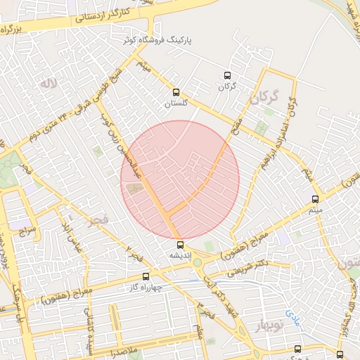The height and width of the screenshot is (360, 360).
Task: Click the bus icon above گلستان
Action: (x=176, y=91)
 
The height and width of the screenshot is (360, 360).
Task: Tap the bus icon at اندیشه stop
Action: (x=181, y=245)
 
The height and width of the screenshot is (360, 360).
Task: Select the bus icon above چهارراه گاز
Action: (x=146, y=276)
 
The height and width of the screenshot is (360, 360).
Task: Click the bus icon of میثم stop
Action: (x=315, y=199)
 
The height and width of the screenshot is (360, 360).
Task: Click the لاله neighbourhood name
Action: (x=48, y=84)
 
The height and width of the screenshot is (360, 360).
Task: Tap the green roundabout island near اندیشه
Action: (x=198, y=263)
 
